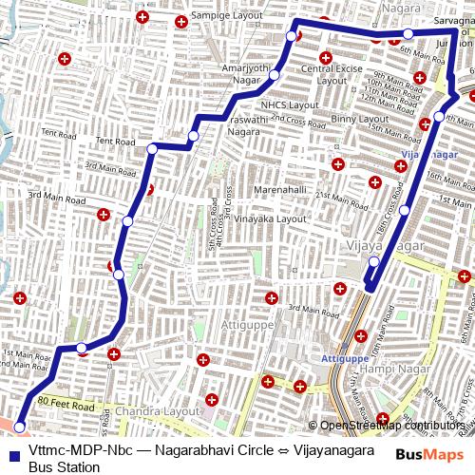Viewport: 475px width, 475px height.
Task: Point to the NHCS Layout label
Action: coord(289,104)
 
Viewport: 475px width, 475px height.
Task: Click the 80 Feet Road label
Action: coord(67,405)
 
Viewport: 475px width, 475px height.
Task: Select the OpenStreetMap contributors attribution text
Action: coord(392,426)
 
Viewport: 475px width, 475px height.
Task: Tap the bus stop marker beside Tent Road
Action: coord(152,148)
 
